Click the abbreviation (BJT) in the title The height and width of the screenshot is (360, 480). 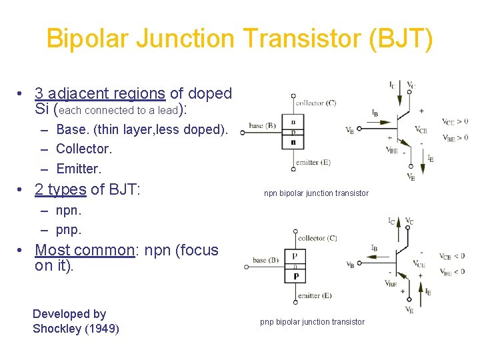tap(399, 39)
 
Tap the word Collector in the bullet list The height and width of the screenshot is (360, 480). tap(84, 149)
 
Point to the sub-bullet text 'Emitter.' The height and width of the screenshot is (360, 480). tap(78, 169)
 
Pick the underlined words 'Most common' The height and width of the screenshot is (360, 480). tap(85, 250)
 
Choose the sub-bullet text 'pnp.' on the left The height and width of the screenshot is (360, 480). tap(69, 230)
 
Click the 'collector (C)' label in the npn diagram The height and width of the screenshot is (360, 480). tap(315, 103)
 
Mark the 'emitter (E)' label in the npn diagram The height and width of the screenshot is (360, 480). tap(313, 161)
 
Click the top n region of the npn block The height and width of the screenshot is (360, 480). tap(293, 121)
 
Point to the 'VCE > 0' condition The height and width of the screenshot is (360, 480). tap(455, 121)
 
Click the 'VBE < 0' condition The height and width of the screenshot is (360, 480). tap(453, 271)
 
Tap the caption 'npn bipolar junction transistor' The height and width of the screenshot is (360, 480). tap(316, 193)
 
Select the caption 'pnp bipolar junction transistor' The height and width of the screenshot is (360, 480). tap(312, 322)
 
